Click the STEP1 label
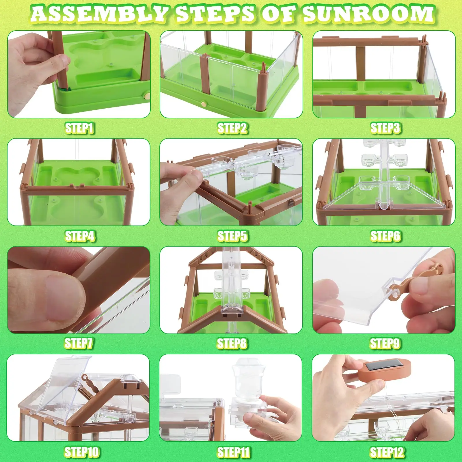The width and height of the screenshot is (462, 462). [79, 128]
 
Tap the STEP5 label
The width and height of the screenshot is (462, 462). [232, 236]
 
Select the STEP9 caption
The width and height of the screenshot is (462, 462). [385, 343]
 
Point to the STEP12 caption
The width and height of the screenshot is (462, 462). [387, 452]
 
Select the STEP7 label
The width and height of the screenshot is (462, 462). [79, 343]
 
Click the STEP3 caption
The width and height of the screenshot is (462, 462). [385, 128]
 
